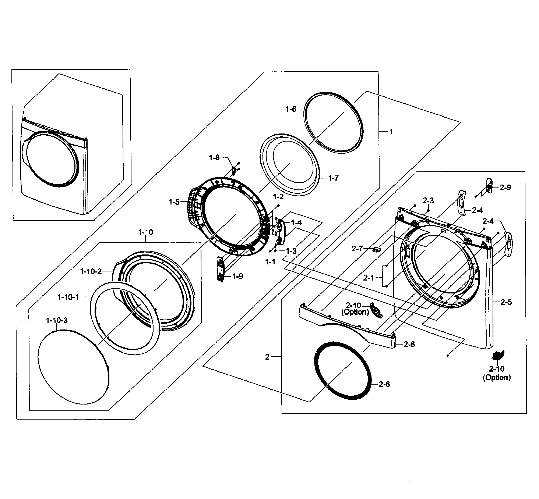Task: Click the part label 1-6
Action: [x=291, y=109]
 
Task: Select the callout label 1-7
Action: [x=333, y=178]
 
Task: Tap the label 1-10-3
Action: [x=57, y=321]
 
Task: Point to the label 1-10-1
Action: [x=68, y=297]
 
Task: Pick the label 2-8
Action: [x=409, y=344]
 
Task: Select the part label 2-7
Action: [x=357, y=248]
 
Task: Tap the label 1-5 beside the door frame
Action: [x=174, y=202]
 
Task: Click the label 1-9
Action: [x=237, y=276]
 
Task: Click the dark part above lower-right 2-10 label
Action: [x=498, y=355]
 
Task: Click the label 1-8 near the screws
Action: [x=214, y=157]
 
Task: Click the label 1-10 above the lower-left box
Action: [x=146, y=232]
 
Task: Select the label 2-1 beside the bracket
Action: [x=368, y=278]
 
